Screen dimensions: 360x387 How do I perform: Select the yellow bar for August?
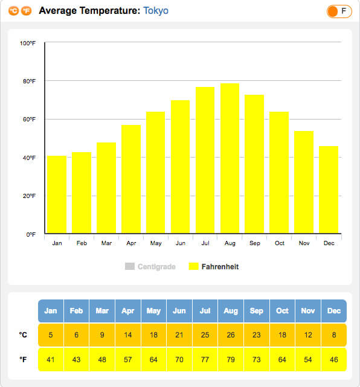(230, 158)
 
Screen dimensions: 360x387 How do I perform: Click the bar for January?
(57, 194)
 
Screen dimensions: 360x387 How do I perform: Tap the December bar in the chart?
(329, 190)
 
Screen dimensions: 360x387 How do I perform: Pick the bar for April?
(131, 179)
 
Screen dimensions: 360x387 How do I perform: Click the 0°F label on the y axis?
(31, 234)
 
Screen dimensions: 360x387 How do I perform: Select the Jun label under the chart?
(181, 243)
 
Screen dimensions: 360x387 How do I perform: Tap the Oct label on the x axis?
(280, 243)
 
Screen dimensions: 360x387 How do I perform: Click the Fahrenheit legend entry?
(214, 267)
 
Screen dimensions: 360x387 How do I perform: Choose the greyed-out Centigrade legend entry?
(150, 267)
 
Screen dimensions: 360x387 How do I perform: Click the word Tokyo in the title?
(156, 11)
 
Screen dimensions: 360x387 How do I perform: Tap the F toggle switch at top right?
(339, 11)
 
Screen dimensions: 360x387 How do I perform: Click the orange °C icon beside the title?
(13, 11)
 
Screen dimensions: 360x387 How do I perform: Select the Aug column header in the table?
(231, 311)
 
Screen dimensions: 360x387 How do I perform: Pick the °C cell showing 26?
(231, 335)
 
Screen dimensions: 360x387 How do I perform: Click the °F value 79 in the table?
(231, 359)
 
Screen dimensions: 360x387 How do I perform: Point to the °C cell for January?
(51, 335)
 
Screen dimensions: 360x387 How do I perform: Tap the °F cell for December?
(334, 359)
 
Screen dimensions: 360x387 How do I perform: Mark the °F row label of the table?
(23, 359)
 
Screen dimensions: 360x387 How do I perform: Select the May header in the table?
(153, 311)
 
